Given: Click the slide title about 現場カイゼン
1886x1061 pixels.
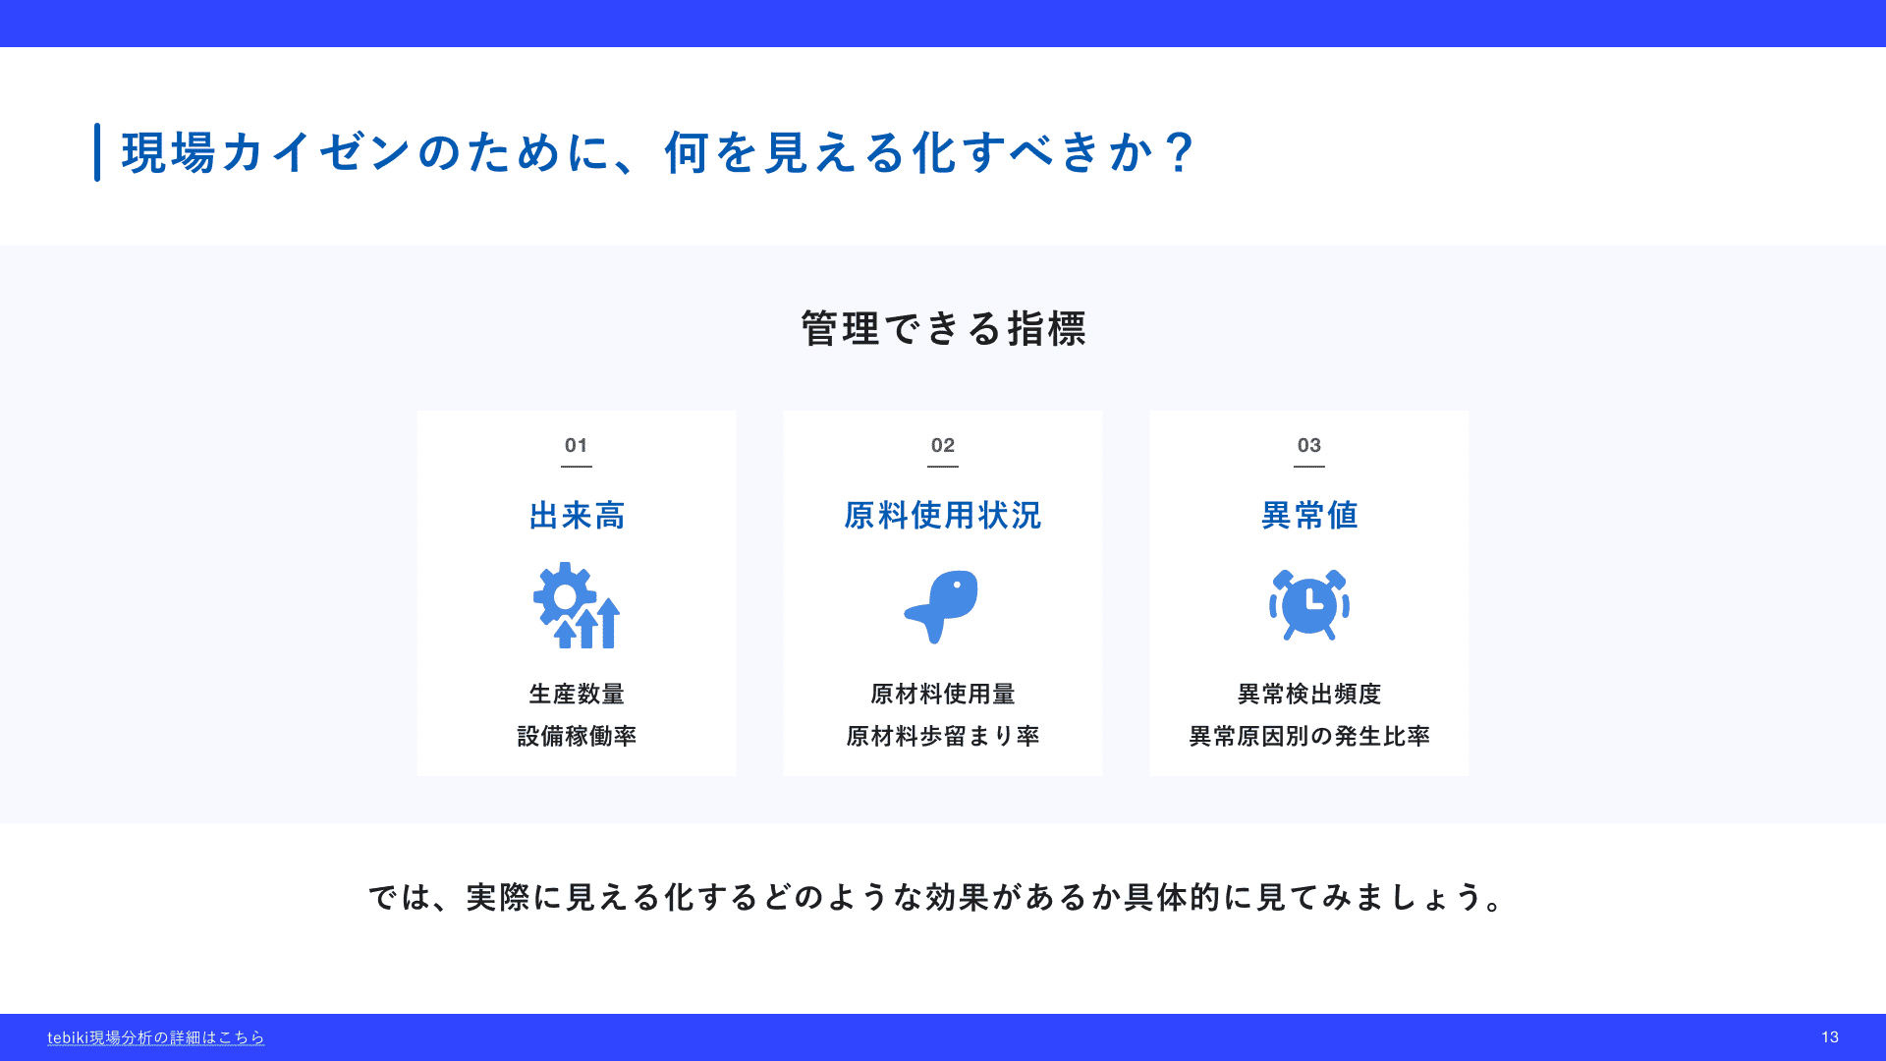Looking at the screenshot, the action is pyautogui.click(x=658, y=152).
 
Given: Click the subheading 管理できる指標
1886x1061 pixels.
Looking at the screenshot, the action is pyautogui.click(x=943, y=328).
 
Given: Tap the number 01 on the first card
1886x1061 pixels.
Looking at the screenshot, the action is pyautogui.click(x=577, y=445).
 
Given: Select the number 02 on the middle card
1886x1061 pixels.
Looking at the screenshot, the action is pyautogui.click(x=943, y=445).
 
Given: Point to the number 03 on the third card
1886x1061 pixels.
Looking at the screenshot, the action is pyautogui.click(x=1309, y=445).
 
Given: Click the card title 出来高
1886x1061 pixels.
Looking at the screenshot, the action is pyautogui.click(x=577, y=515).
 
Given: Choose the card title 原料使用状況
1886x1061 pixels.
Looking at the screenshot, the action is pyautogui.click(x=943, y=515).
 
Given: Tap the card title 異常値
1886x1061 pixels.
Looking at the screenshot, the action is pyautogui.click(x=1309, y=515).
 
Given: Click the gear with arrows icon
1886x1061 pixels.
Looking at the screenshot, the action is pyautogui.click(x=577, y=605).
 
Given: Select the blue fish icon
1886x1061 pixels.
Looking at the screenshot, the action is pyautogui.click(x=941, y=605).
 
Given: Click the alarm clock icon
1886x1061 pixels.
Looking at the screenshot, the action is pyautogui.click(x=1309, y=605).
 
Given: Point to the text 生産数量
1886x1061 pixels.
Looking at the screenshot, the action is pyautogui.click(x=577, y=694).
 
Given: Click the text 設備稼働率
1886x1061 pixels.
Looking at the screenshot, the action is pyautogui.click(x=577, y=736).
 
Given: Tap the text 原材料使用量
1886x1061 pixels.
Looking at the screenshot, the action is pyautogui.click(x=943, y=694).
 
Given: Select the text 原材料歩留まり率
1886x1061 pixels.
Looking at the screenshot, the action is pyautogui.click(x=943, y=736).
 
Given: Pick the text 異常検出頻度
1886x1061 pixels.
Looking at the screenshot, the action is pyautogui.click(x=1309, y=694).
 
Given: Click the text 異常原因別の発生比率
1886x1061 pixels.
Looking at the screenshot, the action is pyautogui.click(x=1309, y=736).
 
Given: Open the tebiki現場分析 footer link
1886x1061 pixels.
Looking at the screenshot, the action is pyautogui.click(x=156, y=1037).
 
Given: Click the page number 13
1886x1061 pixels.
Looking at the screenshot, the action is pyautogui.click(x=1830, y=1037).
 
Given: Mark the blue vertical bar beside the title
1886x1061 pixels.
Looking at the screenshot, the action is pyautogui.click(x=97, y=152).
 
